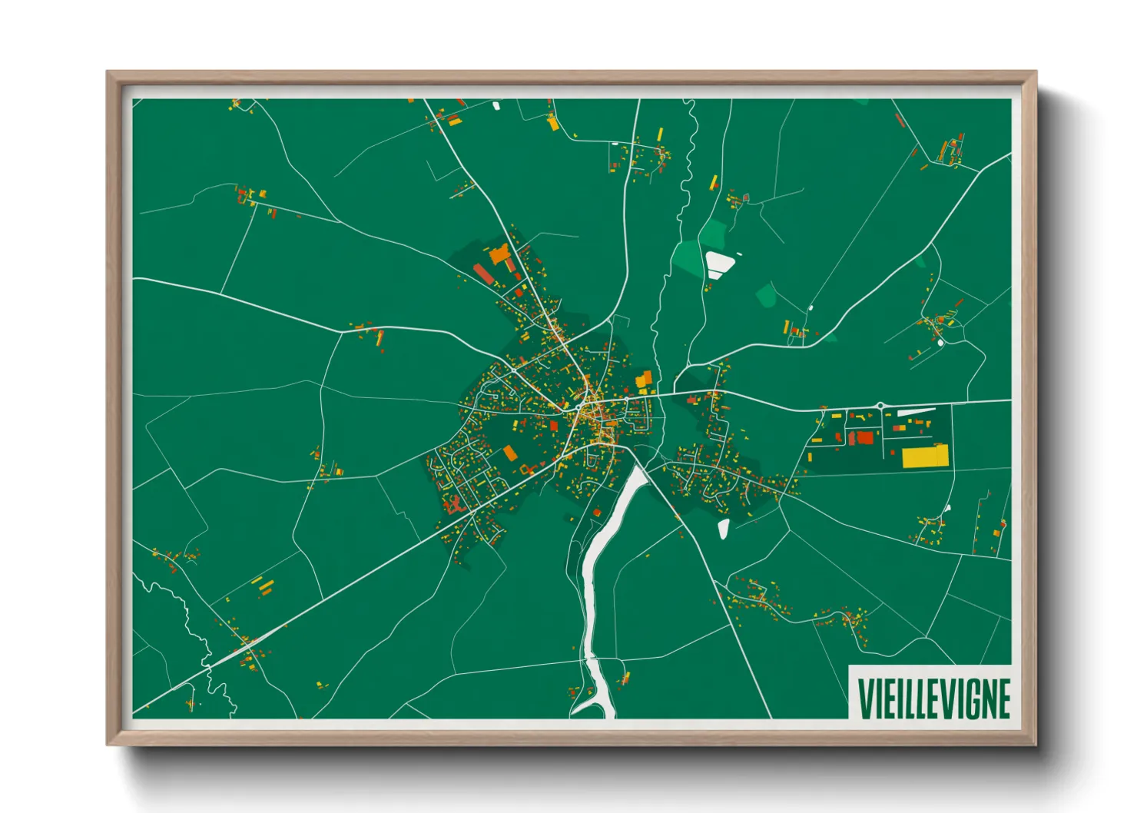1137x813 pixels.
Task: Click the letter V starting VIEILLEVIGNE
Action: (864, 698)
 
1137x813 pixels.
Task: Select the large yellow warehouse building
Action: (925, 456)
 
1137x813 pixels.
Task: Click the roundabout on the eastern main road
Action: (880, 405)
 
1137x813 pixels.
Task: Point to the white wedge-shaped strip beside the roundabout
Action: (916, 412)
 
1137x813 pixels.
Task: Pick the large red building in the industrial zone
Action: (865, 438)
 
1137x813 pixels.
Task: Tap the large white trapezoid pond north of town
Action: (719, 264)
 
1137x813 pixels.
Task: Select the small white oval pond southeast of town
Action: (723, 528)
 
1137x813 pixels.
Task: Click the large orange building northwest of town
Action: (499, 254)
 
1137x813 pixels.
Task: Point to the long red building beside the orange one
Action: (483, 274)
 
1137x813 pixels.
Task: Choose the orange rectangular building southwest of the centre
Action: (510, 453)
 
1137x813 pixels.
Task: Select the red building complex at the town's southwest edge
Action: (452, 505)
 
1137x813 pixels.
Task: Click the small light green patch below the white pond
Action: (766, 294)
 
